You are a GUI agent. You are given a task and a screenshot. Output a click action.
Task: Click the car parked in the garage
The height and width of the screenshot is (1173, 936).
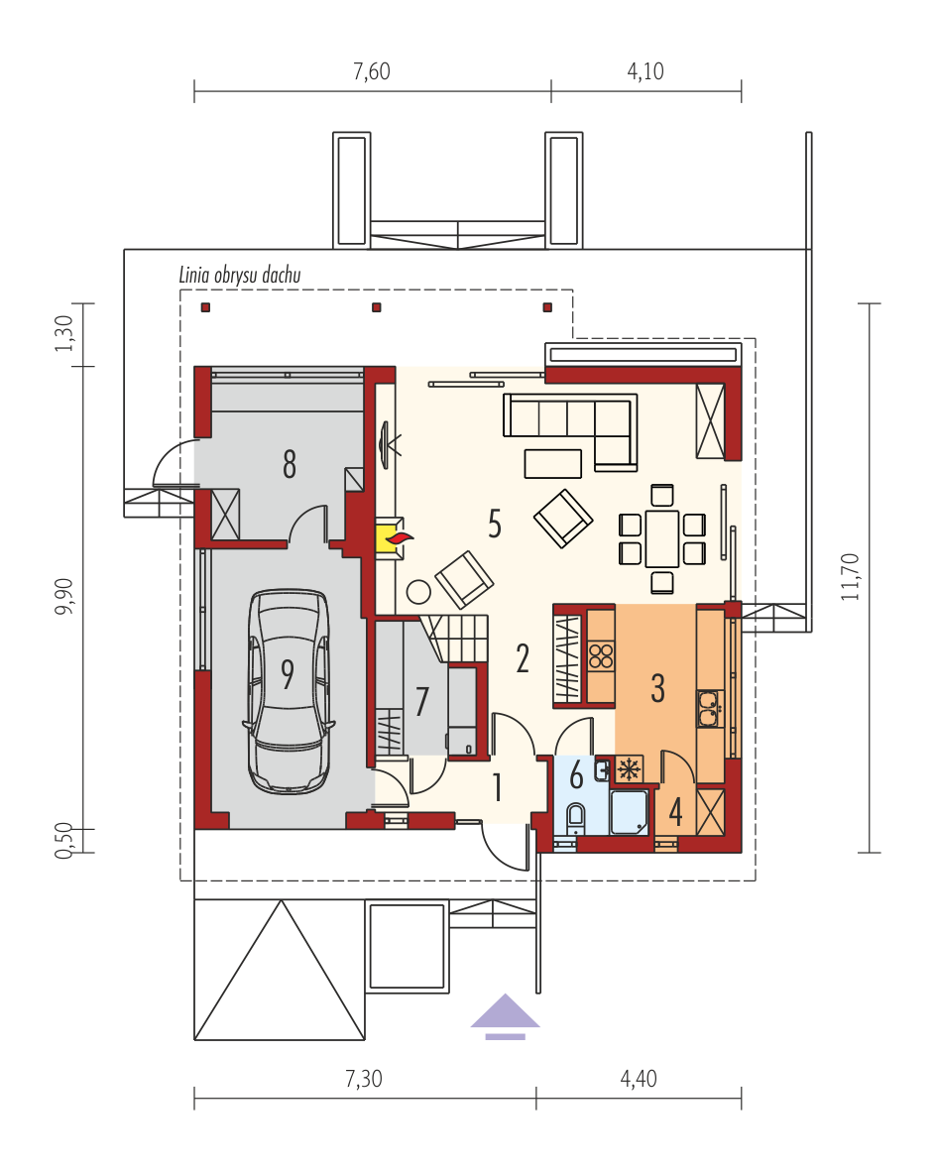pos(289,692)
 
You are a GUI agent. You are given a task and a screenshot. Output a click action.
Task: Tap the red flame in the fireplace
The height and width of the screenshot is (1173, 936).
pos(401,537)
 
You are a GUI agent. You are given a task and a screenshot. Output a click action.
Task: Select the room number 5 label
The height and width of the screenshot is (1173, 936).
pos(495,525)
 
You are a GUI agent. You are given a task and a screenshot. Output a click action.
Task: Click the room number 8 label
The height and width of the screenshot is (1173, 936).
pos(289,464)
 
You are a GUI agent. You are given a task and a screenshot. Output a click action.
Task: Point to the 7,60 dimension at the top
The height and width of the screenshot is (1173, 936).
pos(372,71)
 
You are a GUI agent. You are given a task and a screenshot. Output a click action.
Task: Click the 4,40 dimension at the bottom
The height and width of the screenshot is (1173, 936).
pos(639,1079)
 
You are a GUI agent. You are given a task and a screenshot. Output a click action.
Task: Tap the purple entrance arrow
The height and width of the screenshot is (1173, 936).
pos(505,1016)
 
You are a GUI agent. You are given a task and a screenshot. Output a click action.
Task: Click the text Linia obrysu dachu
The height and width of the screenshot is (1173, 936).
pos(239,276)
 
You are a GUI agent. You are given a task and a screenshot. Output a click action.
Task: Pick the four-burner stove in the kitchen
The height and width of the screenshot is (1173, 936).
pos(601,656)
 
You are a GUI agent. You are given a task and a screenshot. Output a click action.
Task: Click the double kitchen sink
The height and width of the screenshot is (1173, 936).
pos(708,708)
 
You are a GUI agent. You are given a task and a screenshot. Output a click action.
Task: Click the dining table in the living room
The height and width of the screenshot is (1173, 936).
pos(662,537)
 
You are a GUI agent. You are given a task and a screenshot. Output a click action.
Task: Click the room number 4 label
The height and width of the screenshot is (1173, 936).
pos(675,812)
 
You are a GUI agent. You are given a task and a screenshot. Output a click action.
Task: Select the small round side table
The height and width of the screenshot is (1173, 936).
pos(419,592)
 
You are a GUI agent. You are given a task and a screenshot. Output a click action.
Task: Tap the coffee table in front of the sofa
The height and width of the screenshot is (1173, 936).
pos(553,463)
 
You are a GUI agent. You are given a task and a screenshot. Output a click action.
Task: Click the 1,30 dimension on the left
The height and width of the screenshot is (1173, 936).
pos(65,334)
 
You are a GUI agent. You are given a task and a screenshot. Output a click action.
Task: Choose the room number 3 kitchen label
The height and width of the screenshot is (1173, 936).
pos(657,688)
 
